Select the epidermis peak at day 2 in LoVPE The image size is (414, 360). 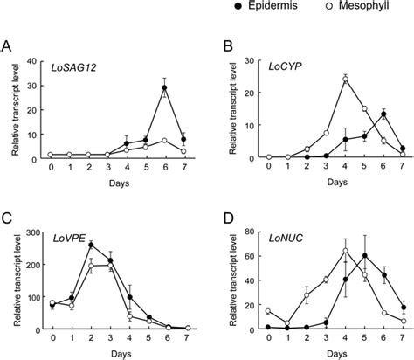tap(91, 244)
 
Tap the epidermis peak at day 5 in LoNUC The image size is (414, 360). tap(364, 256)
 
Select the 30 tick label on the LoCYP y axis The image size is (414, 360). tap(249, 61)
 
